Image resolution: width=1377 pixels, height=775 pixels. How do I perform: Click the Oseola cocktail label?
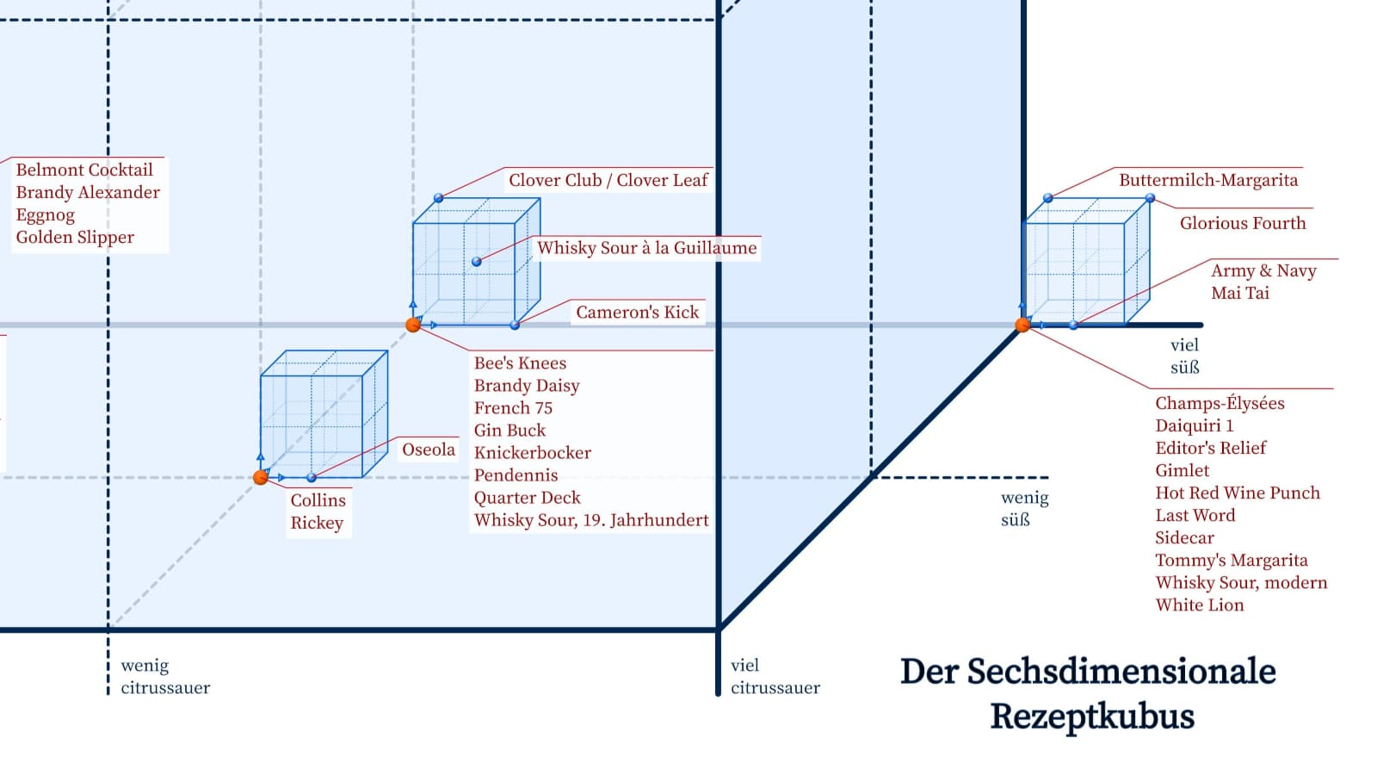pyautogui.click(x=429, y=450)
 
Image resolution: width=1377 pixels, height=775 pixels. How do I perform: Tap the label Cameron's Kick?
pyautogui.click(x=638, y=313)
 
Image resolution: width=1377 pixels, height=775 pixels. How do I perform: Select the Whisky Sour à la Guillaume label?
pyautogui.click(x=646, y=248)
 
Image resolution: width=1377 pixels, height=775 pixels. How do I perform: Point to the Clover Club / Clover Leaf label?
pyautogui.click(x=608, y=180)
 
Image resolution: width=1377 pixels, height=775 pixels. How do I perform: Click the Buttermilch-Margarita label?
pyautogui.click(x=1208, y=180)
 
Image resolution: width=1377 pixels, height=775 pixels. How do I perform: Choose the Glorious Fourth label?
pyautogui.click(x=1243, y=223)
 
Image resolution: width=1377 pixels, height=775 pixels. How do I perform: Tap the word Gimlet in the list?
pyautogui.click(x=1182, y=470)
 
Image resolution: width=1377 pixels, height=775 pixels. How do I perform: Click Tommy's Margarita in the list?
pyautogui.click(x=1232, y=561)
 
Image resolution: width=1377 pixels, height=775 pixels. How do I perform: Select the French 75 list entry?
pyautogui.click(x=513, y=408)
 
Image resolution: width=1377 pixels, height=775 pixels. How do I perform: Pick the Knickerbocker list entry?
pyautogui.click(x=533, y=453)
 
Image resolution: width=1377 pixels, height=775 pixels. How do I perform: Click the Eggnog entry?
pyautogui.click(x=46, y=215)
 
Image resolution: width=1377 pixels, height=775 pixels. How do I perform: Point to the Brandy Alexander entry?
pyautogui.click(x=88, y=193)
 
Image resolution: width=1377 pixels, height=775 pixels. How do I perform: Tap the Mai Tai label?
pyautogui.click(x=1240, y=293)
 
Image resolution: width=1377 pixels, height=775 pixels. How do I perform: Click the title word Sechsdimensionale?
pyautogui.click(x=1088, y=671)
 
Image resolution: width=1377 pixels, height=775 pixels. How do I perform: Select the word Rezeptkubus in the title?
pyautogui.click(x=1092, y=716)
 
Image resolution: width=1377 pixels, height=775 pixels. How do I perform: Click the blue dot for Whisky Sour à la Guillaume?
pyautogui.click(x=477, y=262)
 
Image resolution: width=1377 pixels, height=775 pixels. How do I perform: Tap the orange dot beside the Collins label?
pyautogui.click(x=261, y=477)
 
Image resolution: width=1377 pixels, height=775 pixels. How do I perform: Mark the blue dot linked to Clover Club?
pyautogui.click(x=438, y=198)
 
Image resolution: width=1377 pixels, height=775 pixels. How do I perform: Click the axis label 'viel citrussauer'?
pyautogui.click(x=775, y=677)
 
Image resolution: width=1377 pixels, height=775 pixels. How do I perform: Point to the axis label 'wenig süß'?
pyautogui.click(x=1025, y=509)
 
